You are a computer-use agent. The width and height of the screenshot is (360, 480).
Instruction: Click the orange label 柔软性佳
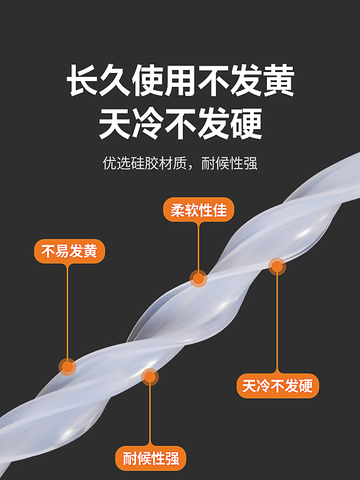pos(199,210)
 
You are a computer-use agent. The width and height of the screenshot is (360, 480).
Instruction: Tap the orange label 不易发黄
pos(69,251)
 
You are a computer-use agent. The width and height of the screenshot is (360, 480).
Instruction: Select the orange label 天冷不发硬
pos(277,386)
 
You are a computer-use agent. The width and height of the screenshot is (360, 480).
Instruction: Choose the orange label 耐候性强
pos(150,458)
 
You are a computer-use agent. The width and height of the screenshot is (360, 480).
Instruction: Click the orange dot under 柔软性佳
pos(198,278)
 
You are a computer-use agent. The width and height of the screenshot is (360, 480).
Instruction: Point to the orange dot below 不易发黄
pos(67,367)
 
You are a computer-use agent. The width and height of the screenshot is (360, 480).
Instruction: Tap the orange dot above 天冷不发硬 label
pos(277,266)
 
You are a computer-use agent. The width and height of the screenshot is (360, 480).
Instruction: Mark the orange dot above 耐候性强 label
pos(150,377)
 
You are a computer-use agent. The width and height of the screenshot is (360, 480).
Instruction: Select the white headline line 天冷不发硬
pos(180,123)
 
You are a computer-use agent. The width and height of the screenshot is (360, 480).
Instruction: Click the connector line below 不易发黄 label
pos(67,312)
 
